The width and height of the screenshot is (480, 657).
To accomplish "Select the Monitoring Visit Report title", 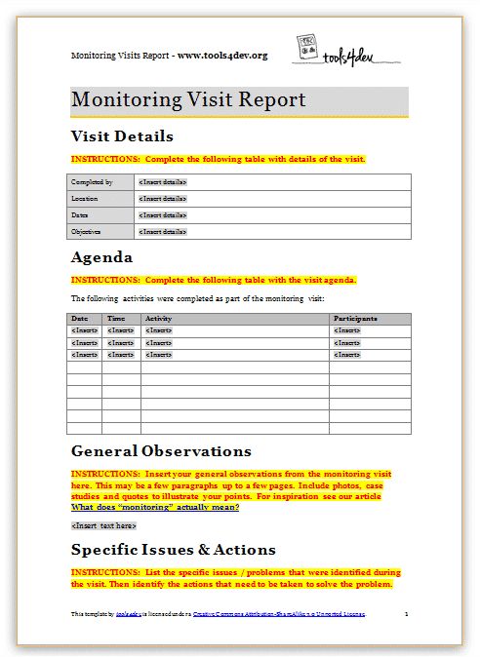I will [x=188, y=100].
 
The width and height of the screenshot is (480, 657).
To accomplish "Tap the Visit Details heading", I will [x=122, y=136].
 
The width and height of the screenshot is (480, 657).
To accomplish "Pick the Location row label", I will [x=85, y=199].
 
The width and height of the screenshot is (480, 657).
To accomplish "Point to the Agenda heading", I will [x=102, y=258].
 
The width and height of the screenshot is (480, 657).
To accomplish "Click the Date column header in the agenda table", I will [x=79, y=319].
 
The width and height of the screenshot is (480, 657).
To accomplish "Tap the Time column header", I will [x=115, y=319].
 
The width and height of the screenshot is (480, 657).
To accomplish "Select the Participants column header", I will [x=356, y=319].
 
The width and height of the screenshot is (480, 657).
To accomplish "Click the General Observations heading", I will [x=161, y=451].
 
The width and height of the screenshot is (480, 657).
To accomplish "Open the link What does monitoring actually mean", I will [x=155, y=507].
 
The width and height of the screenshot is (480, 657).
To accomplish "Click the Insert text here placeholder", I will [x=103, y=525].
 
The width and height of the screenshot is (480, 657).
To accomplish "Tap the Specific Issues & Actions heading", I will [x=174, y=550].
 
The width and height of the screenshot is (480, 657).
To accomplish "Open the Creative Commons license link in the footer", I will [x=278, y=615].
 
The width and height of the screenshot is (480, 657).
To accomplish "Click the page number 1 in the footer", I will [x=405, y=615].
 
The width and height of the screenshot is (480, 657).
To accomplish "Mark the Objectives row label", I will [x=87, y=232].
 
